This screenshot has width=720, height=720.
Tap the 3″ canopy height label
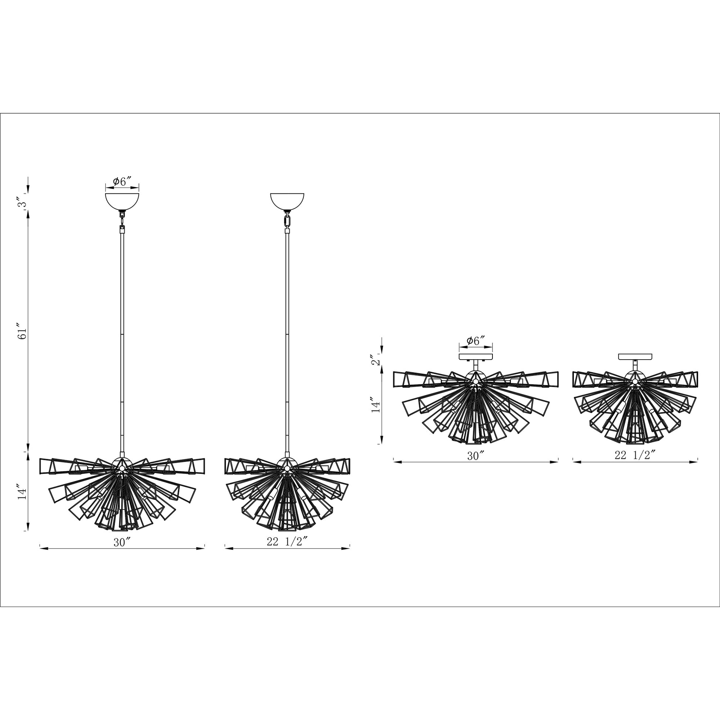pyautogui.click(x=23, y=204)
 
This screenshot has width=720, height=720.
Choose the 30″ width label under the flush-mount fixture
pyautogui.click(x=476, y=456)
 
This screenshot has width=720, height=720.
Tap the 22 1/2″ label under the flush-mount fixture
pyautogui.click(x=635, y=456)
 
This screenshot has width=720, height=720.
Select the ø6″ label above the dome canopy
pyautogui.click(x=122, y=182)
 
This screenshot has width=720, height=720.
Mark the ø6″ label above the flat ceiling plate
pyautogui.click(x=476, y=341)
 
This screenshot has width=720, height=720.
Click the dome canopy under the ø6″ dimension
pyautogui.click(x=122, y=201)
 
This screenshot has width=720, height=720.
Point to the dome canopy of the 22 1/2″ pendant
pyautogui.click(x=287, y=201)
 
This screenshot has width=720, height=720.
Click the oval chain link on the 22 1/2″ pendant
pyautogui.click(x=287, y=221)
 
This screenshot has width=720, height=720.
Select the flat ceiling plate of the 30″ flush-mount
pyautogui.click(x=476, y=357)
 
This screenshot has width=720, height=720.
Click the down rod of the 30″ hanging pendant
pyautogui.click(x=122, y=336)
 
